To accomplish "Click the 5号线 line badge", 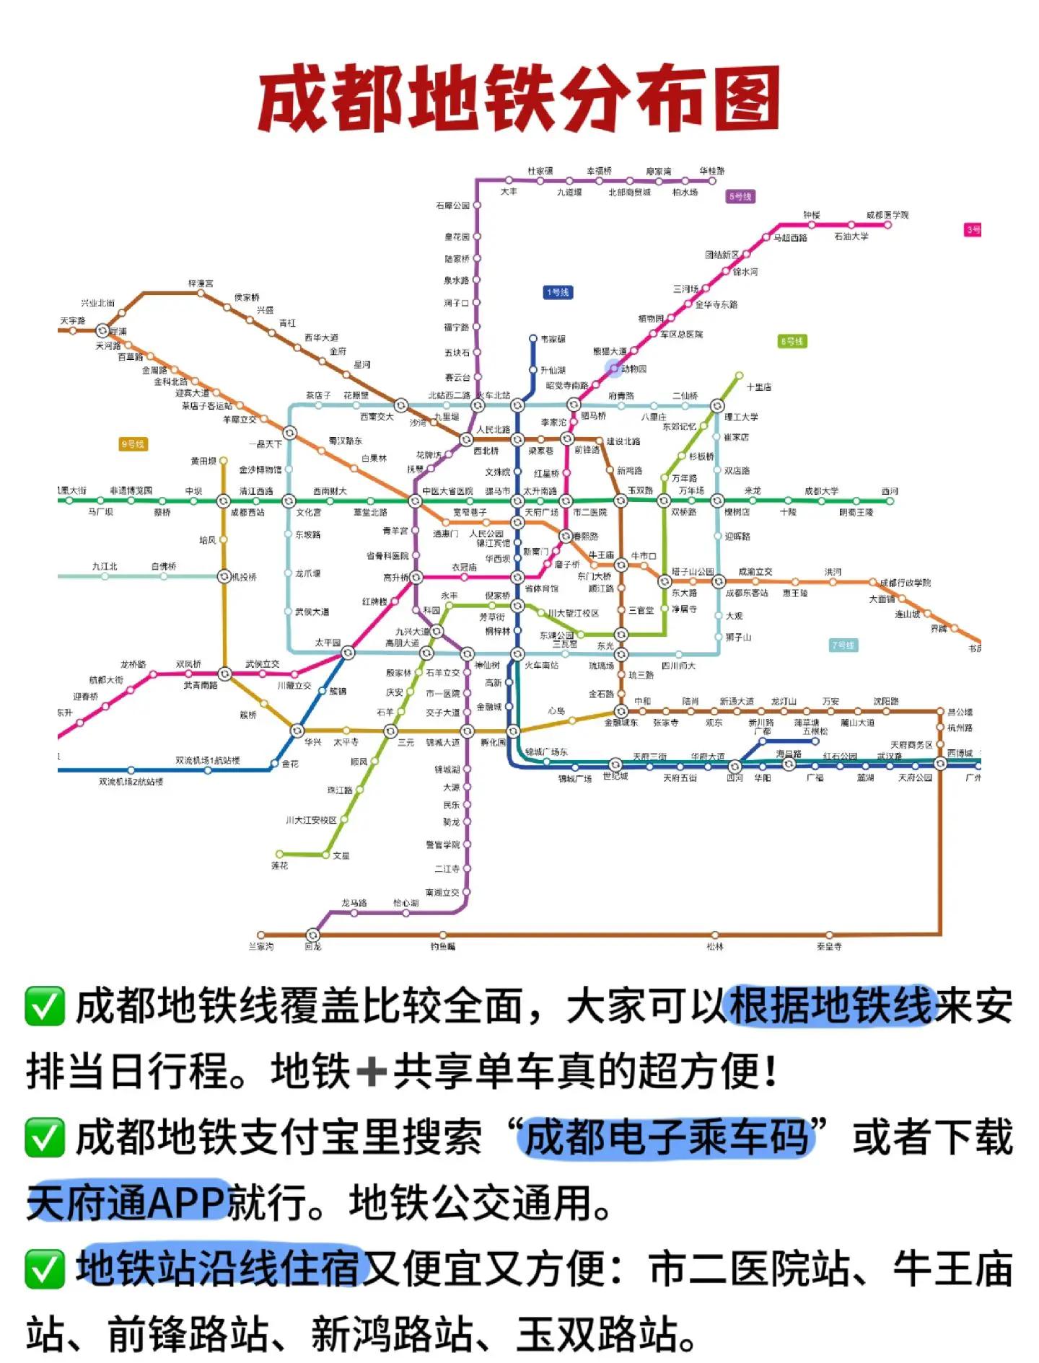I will pyautogui.click(x=740, y=196).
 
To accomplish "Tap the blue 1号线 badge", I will pyautogui.click(x=558, y=292).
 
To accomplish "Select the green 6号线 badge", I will pyautogui.click(x=792, y=341).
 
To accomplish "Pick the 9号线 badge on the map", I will pyautogui.click(x=133, y=444).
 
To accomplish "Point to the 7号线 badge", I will pyautogui.click(x=842, y=645).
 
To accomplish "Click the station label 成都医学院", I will pyautogui.click(x=887, y=215).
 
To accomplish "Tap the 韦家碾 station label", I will pyautogui.click(x=553, y=339).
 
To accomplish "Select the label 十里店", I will pyautogui.click(x=759, y=387).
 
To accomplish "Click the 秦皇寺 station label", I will pyautogui.click(x=829, y=946).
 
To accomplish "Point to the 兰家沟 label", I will pyautogui.click(x=261, y=946).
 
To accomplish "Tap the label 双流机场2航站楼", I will pyautogui.click(x=131, y=782).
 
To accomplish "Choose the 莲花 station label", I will pyautogui.click(x=280, y=865).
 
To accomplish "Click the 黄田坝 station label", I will pyautogui.click(x=203, y=461).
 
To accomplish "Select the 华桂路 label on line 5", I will pyautogui.click(x=711, y=171).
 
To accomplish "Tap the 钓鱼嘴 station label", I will pyautogui.click(x=443, y=946).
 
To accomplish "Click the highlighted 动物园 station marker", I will pyautogui.click(x=614, y=369).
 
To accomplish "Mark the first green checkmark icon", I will pyautogui.click(x=45, y=1007).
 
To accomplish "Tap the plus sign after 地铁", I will pyautogui.click(x=372, y=1071).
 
